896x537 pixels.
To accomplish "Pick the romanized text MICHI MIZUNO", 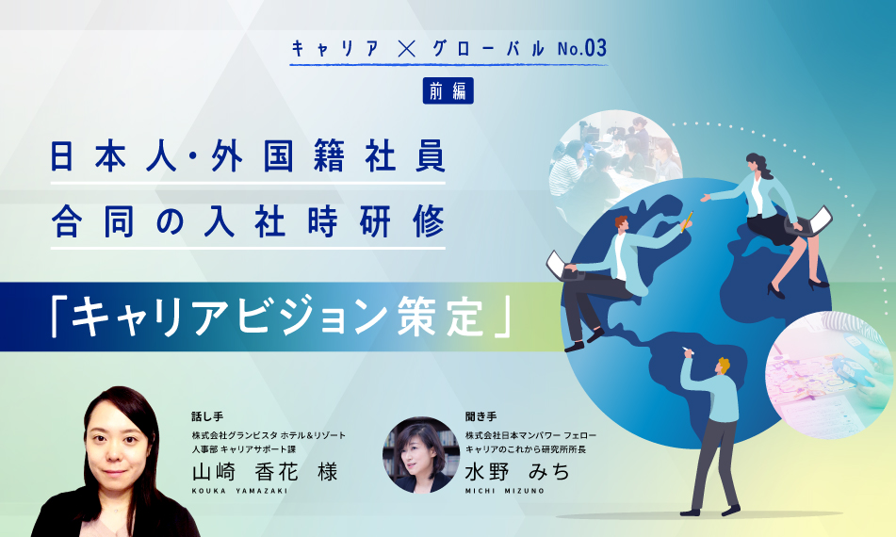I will tap(502, 492).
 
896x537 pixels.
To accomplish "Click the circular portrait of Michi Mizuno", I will tap(420, 455).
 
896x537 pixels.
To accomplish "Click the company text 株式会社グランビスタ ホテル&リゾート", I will tap(269, 434).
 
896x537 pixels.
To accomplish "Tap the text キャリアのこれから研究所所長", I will tap(530, 448).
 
